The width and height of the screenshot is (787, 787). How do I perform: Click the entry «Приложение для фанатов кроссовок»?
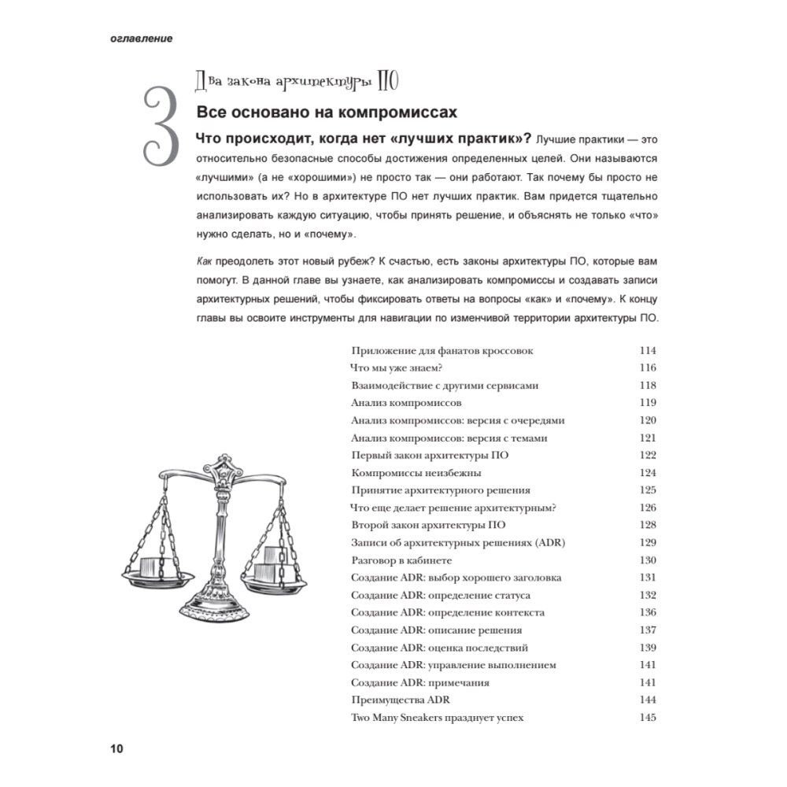pyautogui.click(x=442, y=350)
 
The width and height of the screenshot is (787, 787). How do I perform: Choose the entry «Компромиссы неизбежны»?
pyautogui.click(x=416, y=473)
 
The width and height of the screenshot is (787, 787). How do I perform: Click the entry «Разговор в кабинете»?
pyautogui.click(x=401, y=560)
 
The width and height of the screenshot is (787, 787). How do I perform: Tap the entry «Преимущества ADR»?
pyautogui.click(x=400, y=700)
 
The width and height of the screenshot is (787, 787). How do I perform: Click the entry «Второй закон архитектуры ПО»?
pyautogui.click(x=428, y=525)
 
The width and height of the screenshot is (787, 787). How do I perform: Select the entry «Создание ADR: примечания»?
pyautogui.click(x=420, y=682)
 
